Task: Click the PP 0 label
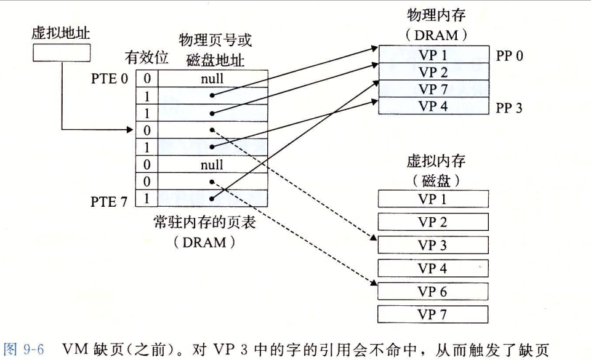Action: (510, 56)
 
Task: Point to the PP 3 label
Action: (510, 108)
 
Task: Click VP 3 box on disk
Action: (432, 245)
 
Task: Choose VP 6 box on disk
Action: (432, 292)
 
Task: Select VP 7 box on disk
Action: (432, 315)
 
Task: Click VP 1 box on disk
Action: (432, 199)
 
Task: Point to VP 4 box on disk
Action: (432, 268)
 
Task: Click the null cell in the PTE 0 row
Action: (212, 79)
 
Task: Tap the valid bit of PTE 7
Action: (147, 199)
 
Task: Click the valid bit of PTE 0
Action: (147, 79)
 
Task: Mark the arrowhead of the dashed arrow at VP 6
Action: (374, 284)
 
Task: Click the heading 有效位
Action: (147, 58)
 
